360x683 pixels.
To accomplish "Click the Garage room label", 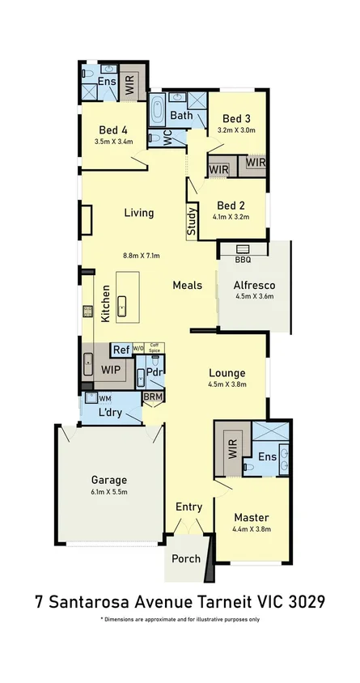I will click(108, 478).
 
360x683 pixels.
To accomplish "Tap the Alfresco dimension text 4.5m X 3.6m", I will click(255, 296).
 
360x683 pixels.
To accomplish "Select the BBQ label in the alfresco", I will click(243, 260).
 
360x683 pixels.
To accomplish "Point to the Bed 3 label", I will click(237, 117).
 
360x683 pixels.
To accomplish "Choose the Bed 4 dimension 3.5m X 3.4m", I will click(113, 142).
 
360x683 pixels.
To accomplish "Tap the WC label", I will click(167, 138).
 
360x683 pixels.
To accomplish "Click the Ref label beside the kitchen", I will click(121, 350).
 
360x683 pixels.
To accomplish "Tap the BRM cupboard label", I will click(153, 397).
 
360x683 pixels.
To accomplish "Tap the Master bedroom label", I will click(251, 517).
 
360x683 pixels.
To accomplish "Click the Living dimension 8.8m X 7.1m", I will click(141, 256).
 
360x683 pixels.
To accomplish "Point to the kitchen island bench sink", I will click(121, 306).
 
